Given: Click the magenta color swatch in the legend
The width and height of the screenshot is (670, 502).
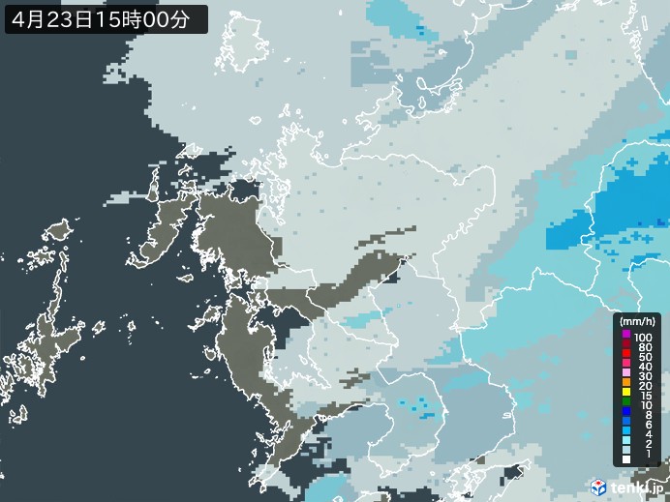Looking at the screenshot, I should click(x=626, y=335).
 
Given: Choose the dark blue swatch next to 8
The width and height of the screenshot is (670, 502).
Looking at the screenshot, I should click(x=626, y=420).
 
